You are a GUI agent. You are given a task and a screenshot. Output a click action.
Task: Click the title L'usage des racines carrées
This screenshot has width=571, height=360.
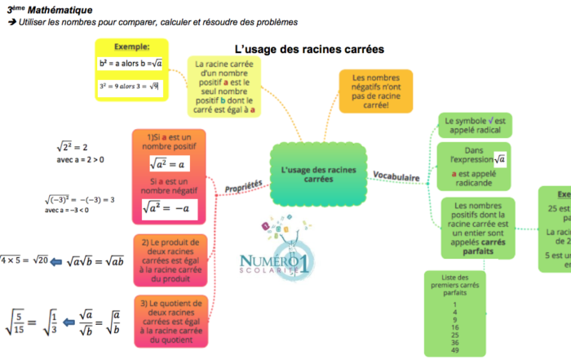coord(309,49)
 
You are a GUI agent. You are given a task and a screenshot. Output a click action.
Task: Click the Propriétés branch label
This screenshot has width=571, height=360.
coord(244,188)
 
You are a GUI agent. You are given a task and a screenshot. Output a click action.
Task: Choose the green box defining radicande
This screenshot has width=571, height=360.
coord(474,167)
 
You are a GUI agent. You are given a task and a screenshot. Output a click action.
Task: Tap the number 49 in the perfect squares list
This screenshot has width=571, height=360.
coord(454,349)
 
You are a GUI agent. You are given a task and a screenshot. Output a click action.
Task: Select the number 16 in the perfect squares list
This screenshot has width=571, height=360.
coord(454,326)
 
